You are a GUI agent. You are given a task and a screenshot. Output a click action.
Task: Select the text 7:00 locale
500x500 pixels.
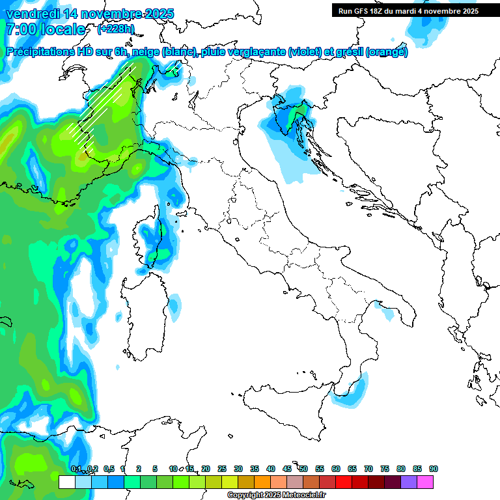[x=45, y=30]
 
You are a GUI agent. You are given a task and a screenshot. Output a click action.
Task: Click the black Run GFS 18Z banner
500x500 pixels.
[x=408, y=11]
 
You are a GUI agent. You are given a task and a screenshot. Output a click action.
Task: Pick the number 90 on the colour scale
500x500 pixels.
[x=434, y=469]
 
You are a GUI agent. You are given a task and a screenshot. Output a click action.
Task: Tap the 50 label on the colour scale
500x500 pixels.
[x=303, y=469]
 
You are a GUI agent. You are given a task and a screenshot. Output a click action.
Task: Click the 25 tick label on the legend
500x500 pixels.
[x=222, y=469]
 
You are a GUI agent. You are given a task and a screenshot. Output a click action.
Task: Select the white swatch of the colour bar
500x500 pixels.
[x=66, y=482]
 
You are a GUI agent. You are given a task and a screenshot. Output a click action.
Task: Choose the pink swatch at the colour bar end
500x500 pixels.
[x=425, y=482]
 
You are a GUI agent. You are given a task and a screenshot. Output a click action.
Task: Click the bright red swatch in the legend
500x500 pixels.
[x=344, y=482]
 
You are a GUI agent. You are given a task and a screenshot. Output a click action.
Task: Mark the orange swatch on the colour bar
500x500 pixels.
[x=262, y=482]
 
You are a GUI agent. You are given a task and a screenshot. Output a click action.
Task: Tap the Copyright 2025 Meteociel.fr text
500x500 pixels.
[x=276, y=495]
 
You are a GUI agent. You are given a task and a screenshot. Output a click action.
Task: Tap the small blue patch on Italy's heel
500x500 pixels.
[x=388, y=314]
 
